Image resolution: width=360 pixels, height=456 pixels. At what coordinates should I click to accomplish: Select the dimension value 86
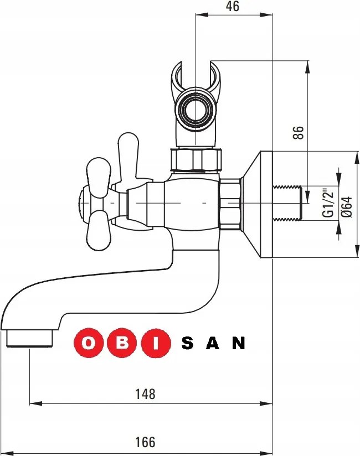299,133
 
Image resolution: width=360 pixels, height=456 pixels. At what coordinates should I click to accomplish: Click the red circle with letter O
88,343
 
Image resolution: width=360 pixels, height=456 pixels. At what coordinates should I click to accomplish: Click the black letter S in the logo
187,344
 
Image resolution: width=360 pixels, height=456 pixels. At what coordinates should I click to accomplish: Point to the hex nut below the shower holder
197,160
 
